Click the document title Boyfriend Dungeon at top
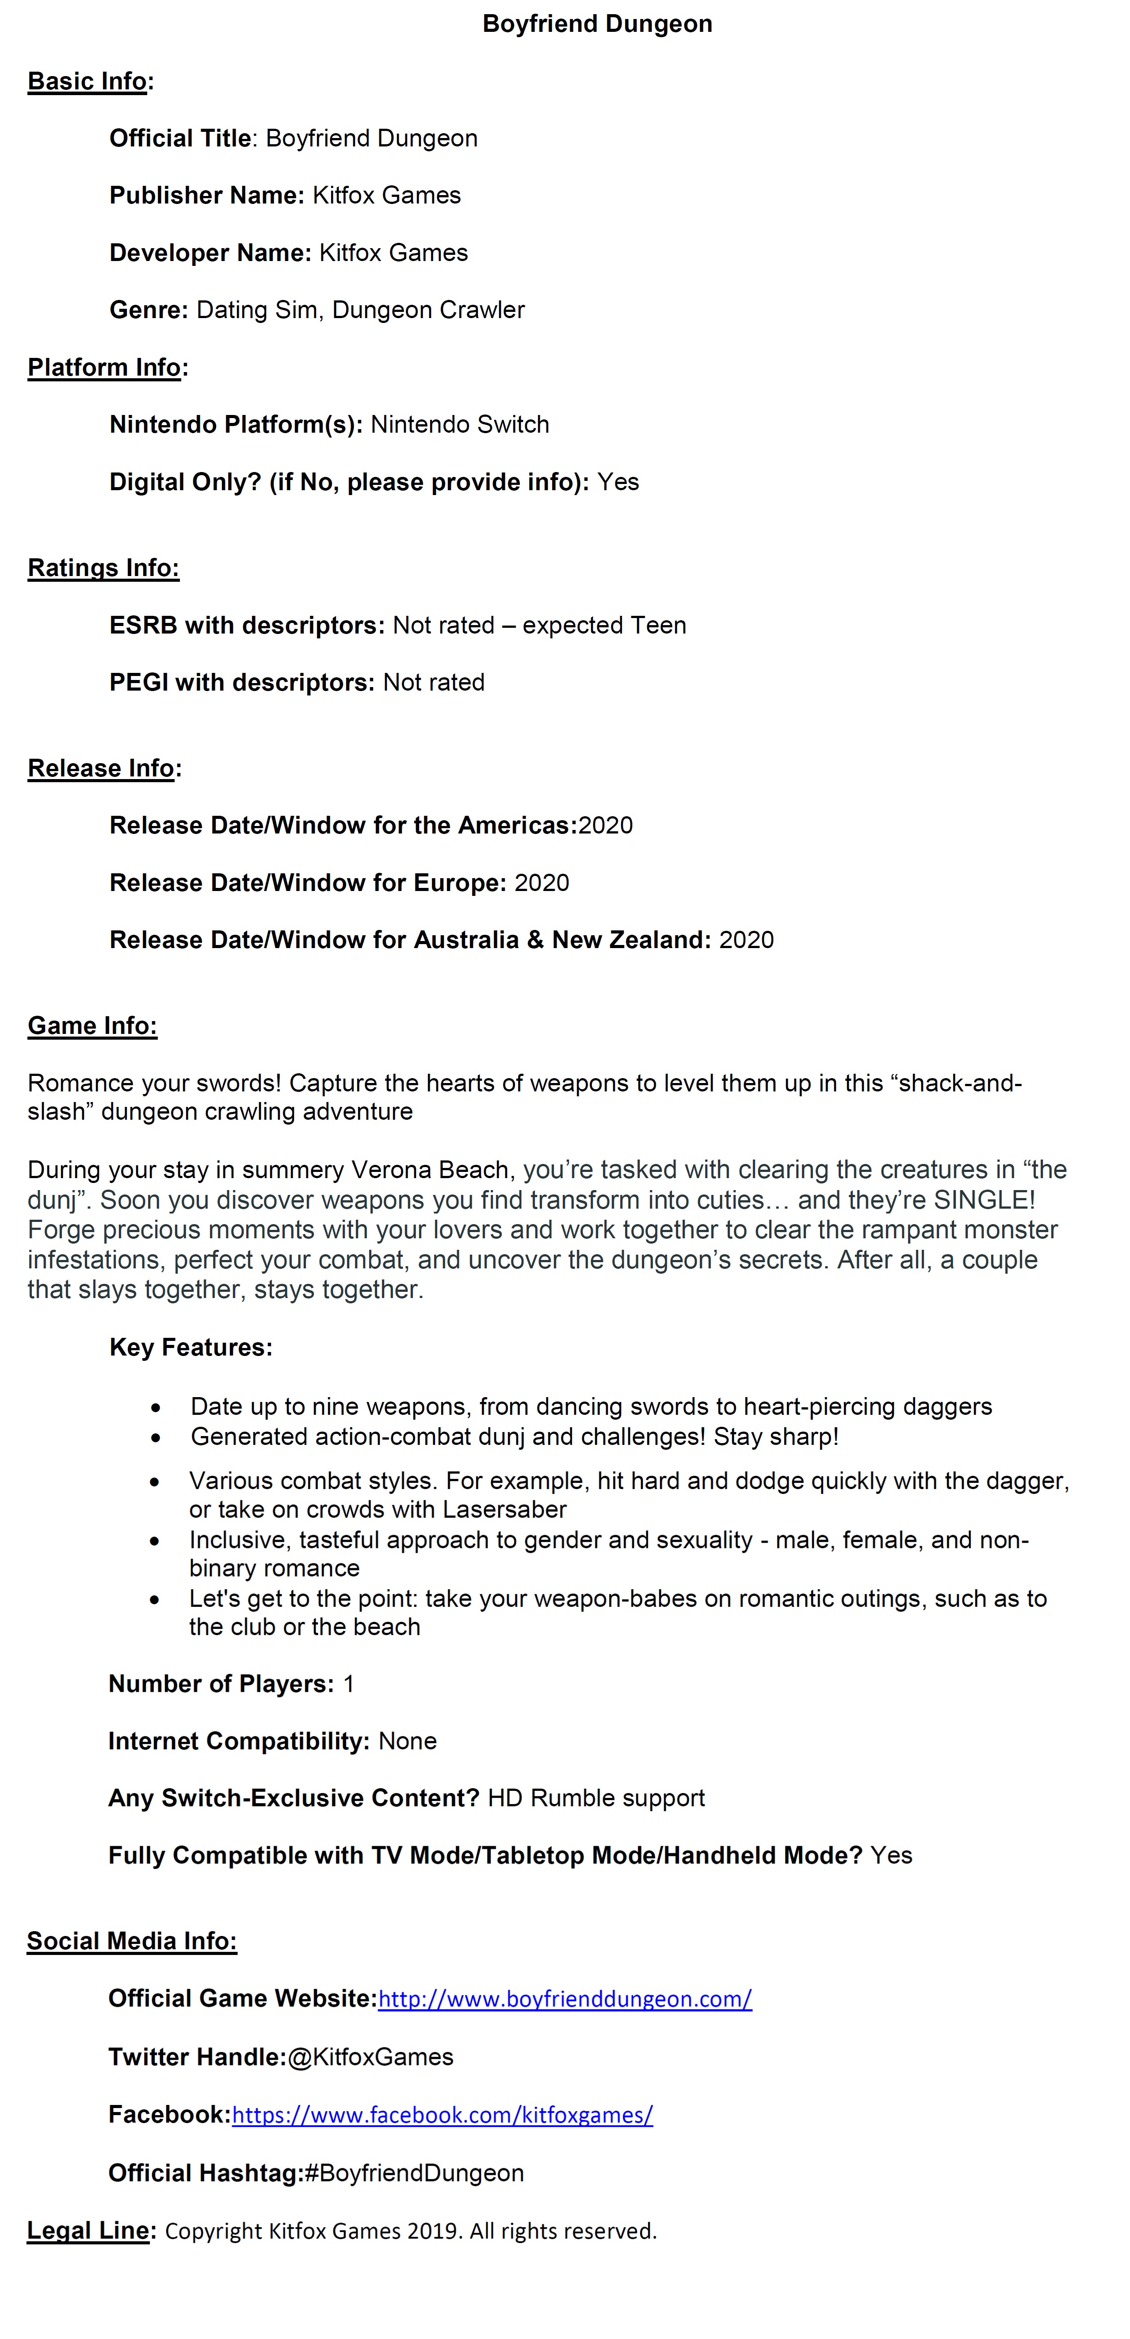[x=597, y=23]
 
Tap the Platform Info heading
[x=104, y=368]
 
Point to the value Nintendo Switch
[x=460, y=425]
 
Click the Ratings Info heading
[x=103, y=568]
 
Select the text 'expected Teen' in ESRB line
[x=604, y=626]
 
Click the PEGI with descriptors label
[x=241, y=683]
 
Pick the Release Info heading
[x=101, y=768]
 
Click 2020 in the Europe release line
[x=542, y=883]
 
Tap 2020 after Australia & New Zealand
[x=746, y=941]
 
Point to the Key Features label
[x=191, y=1348]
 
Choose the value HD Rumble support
[x=596, y=1799]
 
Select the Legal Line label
[x=88, y=2231]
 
